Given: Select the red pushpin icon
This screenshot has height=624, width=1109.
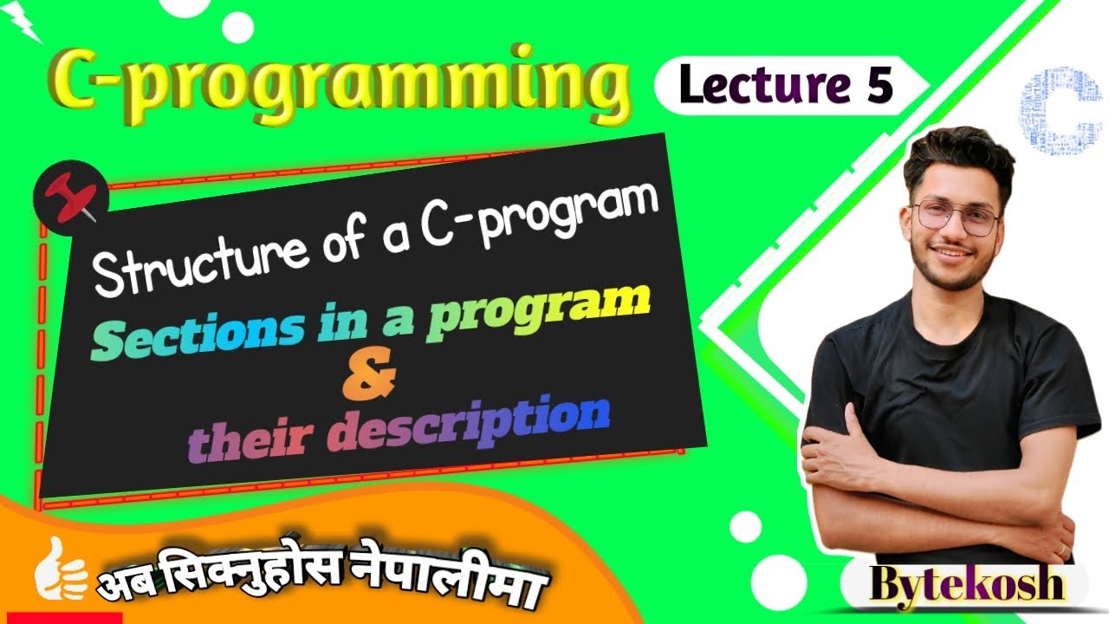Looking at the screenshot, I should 72,200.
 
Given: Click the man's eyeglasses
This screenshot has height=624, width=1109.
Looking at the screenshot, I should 956,217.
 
